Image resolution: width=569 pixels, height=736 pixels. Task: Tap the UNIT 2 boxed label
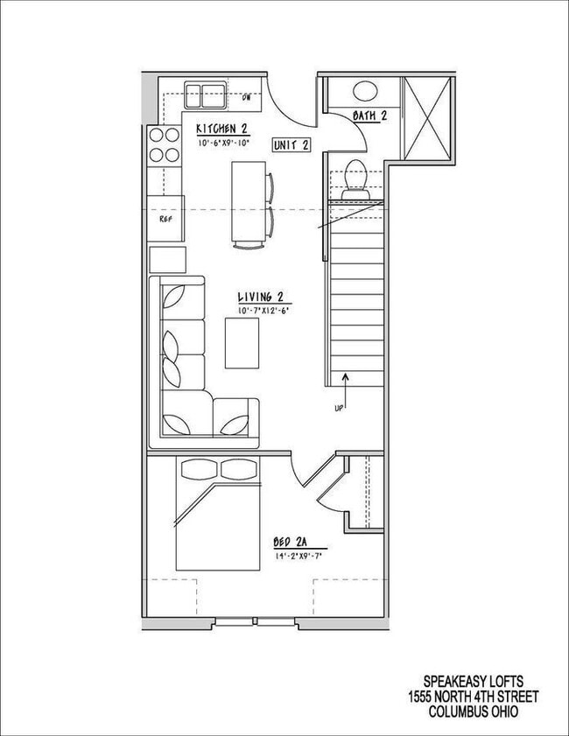point(291,145)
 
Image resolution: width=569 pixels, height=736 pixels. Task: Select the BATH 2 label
point(369,116)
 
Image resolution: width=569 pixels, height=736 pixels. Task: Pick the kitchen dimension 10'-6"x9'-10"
point(224,143)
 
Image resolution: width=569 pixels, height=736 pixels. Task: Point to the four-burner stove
point(163,146)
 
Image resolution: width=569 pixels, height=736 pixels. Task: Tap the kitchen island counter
point(247,200)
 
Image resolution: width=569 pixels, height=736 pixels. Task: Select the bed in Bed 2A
point(219,516)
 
